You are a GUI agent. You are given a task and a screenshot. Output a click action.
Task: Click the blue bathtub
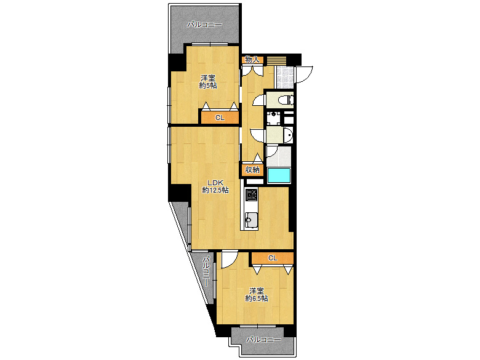[279, 175]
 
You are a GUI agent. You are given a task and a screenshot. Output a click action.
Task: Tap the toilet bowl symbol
[286, 100]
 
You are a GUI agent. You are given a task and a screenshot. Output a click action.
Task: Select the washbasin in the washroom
[288, 134]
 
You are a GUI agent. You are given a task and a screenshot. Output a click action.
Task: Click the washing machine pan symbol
[273, 118]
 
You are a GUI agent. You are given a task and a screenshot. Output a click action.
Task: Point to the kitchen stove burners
[251, 194]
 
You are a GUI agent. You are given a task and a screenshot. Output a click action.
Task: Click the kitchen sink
[251, 220]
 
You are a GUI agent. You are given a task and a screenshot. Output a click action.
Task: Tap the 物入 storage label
[252, 60]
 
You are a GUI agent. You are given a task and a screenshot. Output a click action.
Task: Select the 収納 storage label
[252, 170]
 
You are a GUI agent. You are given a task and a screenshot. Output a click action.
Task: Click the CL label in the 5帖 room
[220, 118]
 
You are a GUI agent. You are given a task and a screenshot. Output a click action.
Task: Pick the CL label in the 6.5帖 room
[273, 258]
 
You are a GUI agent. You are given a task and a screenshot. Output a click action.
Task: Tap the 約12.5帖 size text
[215, 190]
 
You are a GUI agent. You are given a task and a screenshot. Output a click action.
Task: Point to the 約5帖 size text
[208, 86]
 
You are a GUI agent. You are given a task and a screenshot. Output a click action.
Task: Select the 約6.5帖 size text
[257, 298]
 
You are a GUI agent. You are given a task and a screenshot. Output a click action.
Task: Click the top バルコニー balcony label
[205, 25]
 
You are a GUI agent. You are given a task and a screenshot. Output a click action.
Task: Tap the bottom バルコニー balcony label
[263, 340]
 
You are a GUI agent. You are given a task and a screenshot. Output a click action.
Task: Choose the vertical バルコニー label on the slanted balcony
[207, 271]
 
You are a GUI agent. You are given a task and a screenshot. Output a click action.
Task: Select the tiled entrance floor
[284, 76]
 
